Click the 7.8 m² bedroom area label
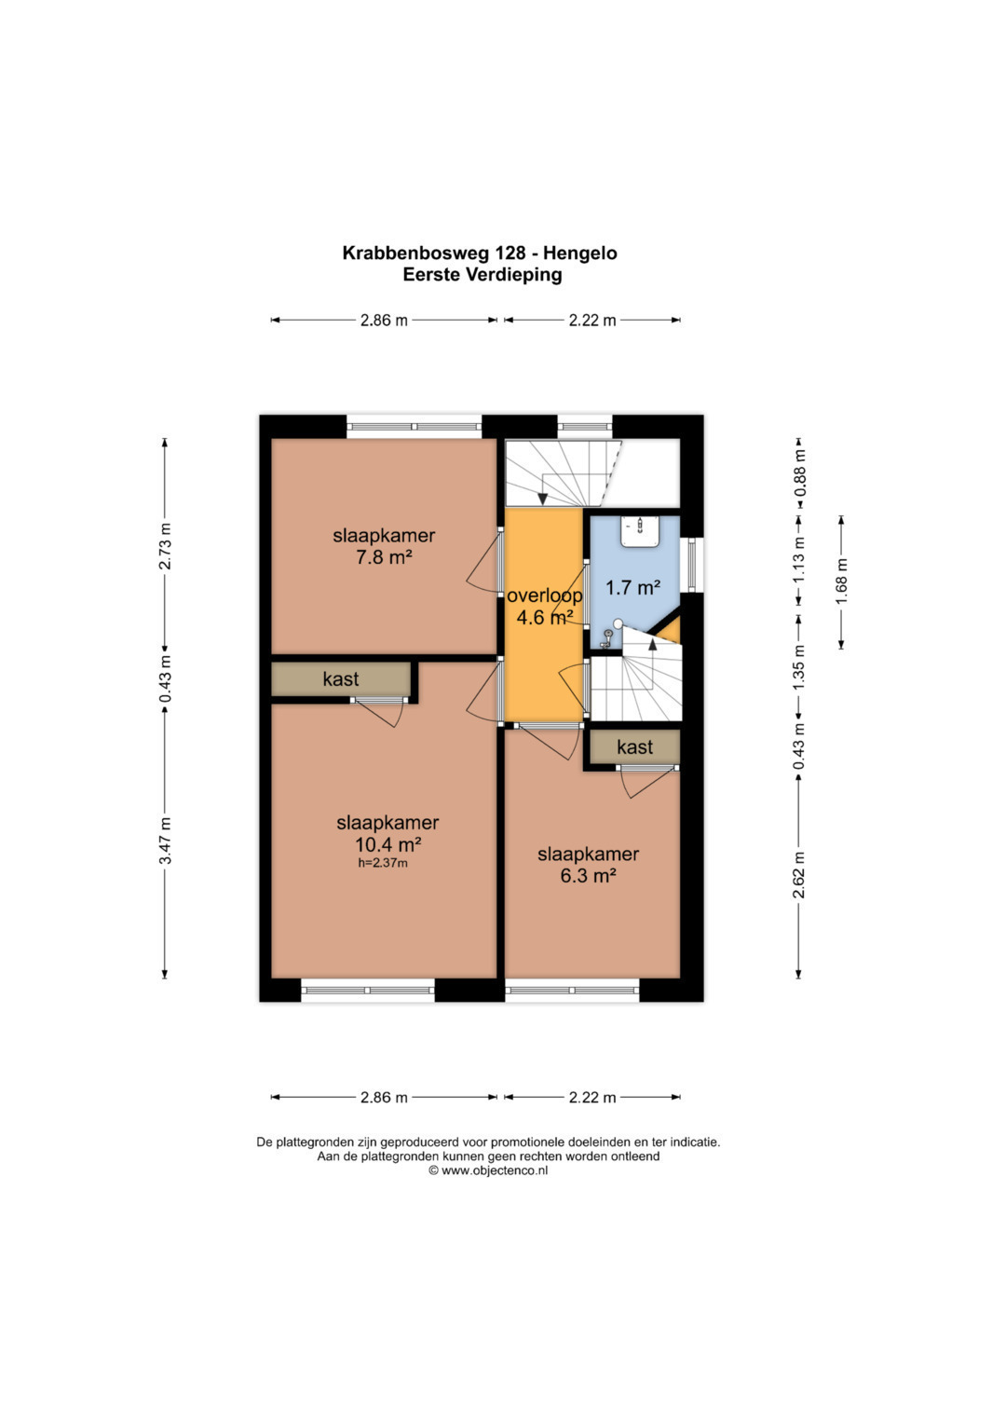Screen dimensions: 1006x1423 pos(384,558)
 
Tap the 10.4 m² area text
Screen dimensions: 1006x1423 pos(388,844)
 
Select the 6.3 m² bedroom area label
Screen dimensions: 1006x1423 pos(588,876)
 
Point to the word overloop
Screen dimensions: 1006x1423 pos(545,595)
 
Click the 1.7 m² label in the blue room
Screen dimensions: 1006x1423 pos(633,588)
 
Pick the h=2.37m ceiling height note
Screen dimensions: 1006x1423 pos(383,863)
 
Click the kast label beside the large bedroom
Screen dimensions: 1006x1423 pos(340,679)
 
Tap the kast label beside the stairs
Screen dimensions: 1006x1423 pos(634,746)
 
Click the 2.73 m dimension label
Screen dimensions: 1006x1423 pos(165,546)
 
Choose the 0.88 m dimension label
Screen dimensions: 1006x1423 pos(799,473)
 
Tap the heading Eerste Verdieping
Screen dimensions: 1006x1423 pos(483,275)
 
